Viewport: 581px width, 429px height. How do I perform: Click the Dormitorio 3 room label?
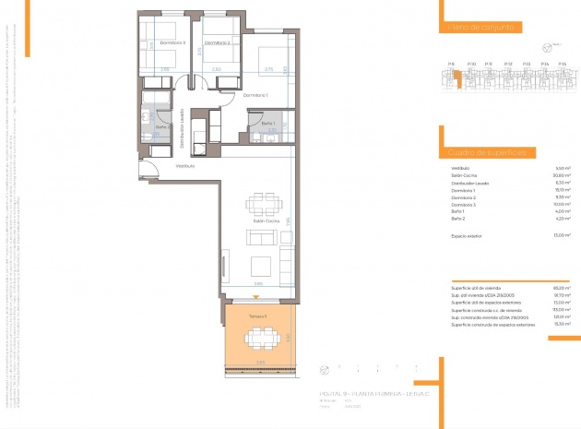(172, 42)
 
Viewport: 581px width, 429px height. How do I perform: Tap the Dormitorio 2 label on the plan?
(217, 42)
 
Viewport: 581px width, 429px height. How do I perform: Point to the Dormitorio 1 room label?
(255, 95)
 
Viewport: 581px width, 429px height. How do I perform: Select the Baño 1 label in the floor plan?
(268, 124)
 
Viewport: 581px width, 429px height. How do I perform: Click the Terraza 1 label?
(258, 316)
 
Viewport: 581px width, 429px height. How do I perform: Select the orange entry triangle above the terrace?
(257, 303)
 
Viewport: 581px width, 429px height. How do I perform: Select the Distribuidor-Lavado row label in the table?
(470, 183)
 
